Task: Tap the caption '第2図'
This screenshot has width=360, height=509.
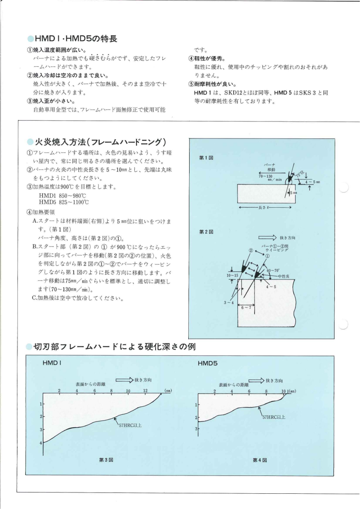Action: click(204, 232)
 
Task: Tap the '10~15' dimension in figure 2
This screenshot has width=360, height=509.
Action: click(232, 276)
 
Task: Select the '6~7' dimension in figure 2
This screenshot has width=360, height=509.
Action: click(246, 307)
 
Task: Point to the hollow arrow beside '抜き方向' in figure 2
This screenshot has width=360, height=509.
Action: click(267, 238)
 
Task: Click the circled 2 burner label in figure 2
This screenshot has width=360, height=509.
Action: click(251, 250)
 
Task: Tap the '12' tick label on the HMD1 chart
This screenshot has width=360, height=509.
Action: click(146, 390)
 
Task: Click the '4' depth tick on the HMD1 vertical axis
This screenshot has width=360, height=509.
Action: click(41, 442)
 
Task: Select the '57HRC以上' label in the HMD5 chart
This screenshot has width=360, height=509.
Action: click(274, 417)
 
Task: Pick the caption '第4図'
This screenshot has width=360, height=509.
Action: click(259, 459)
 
